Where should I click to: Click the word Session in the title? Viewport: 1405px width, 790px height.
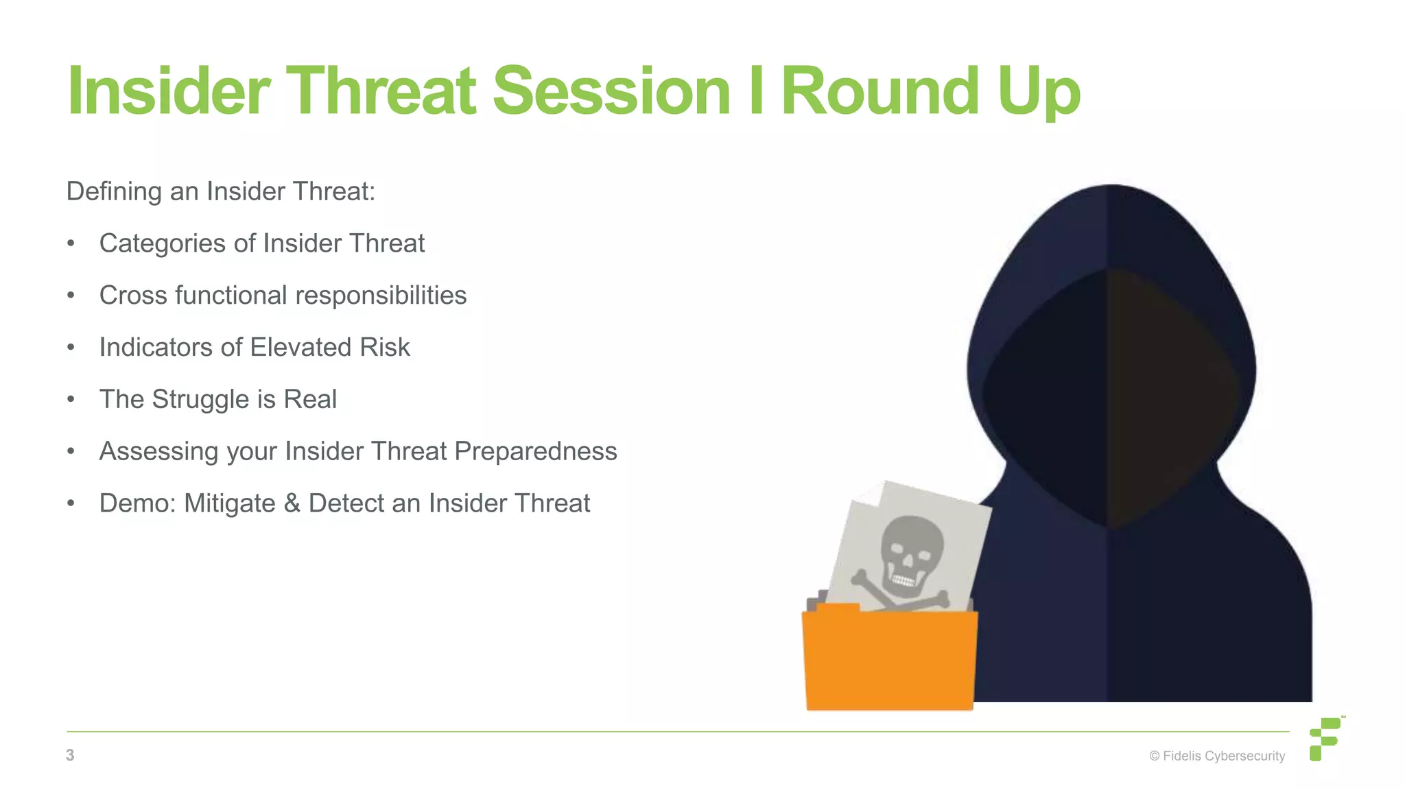611,91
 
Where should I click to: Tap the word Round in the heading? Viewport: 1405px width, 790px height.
880,91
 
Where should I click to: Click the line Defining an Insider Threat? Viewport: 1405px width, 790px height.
220,191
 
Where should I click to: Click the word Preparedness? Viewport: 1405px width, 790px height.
535,451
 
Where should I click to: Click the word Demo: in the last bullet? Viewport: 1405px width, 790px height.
137,503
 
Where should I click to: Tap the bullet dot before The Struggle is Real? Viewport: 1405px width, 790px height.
71,400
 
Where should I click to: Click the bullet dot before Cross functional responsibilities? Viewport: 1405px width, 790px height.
71,296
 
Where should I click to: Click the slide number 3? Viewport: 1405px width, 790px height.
70,755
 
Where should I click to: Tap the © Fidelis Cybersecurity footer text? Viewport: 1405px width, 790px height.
1216,756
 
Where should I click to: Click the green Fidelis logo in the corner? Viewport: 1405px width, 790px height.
1325,739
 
